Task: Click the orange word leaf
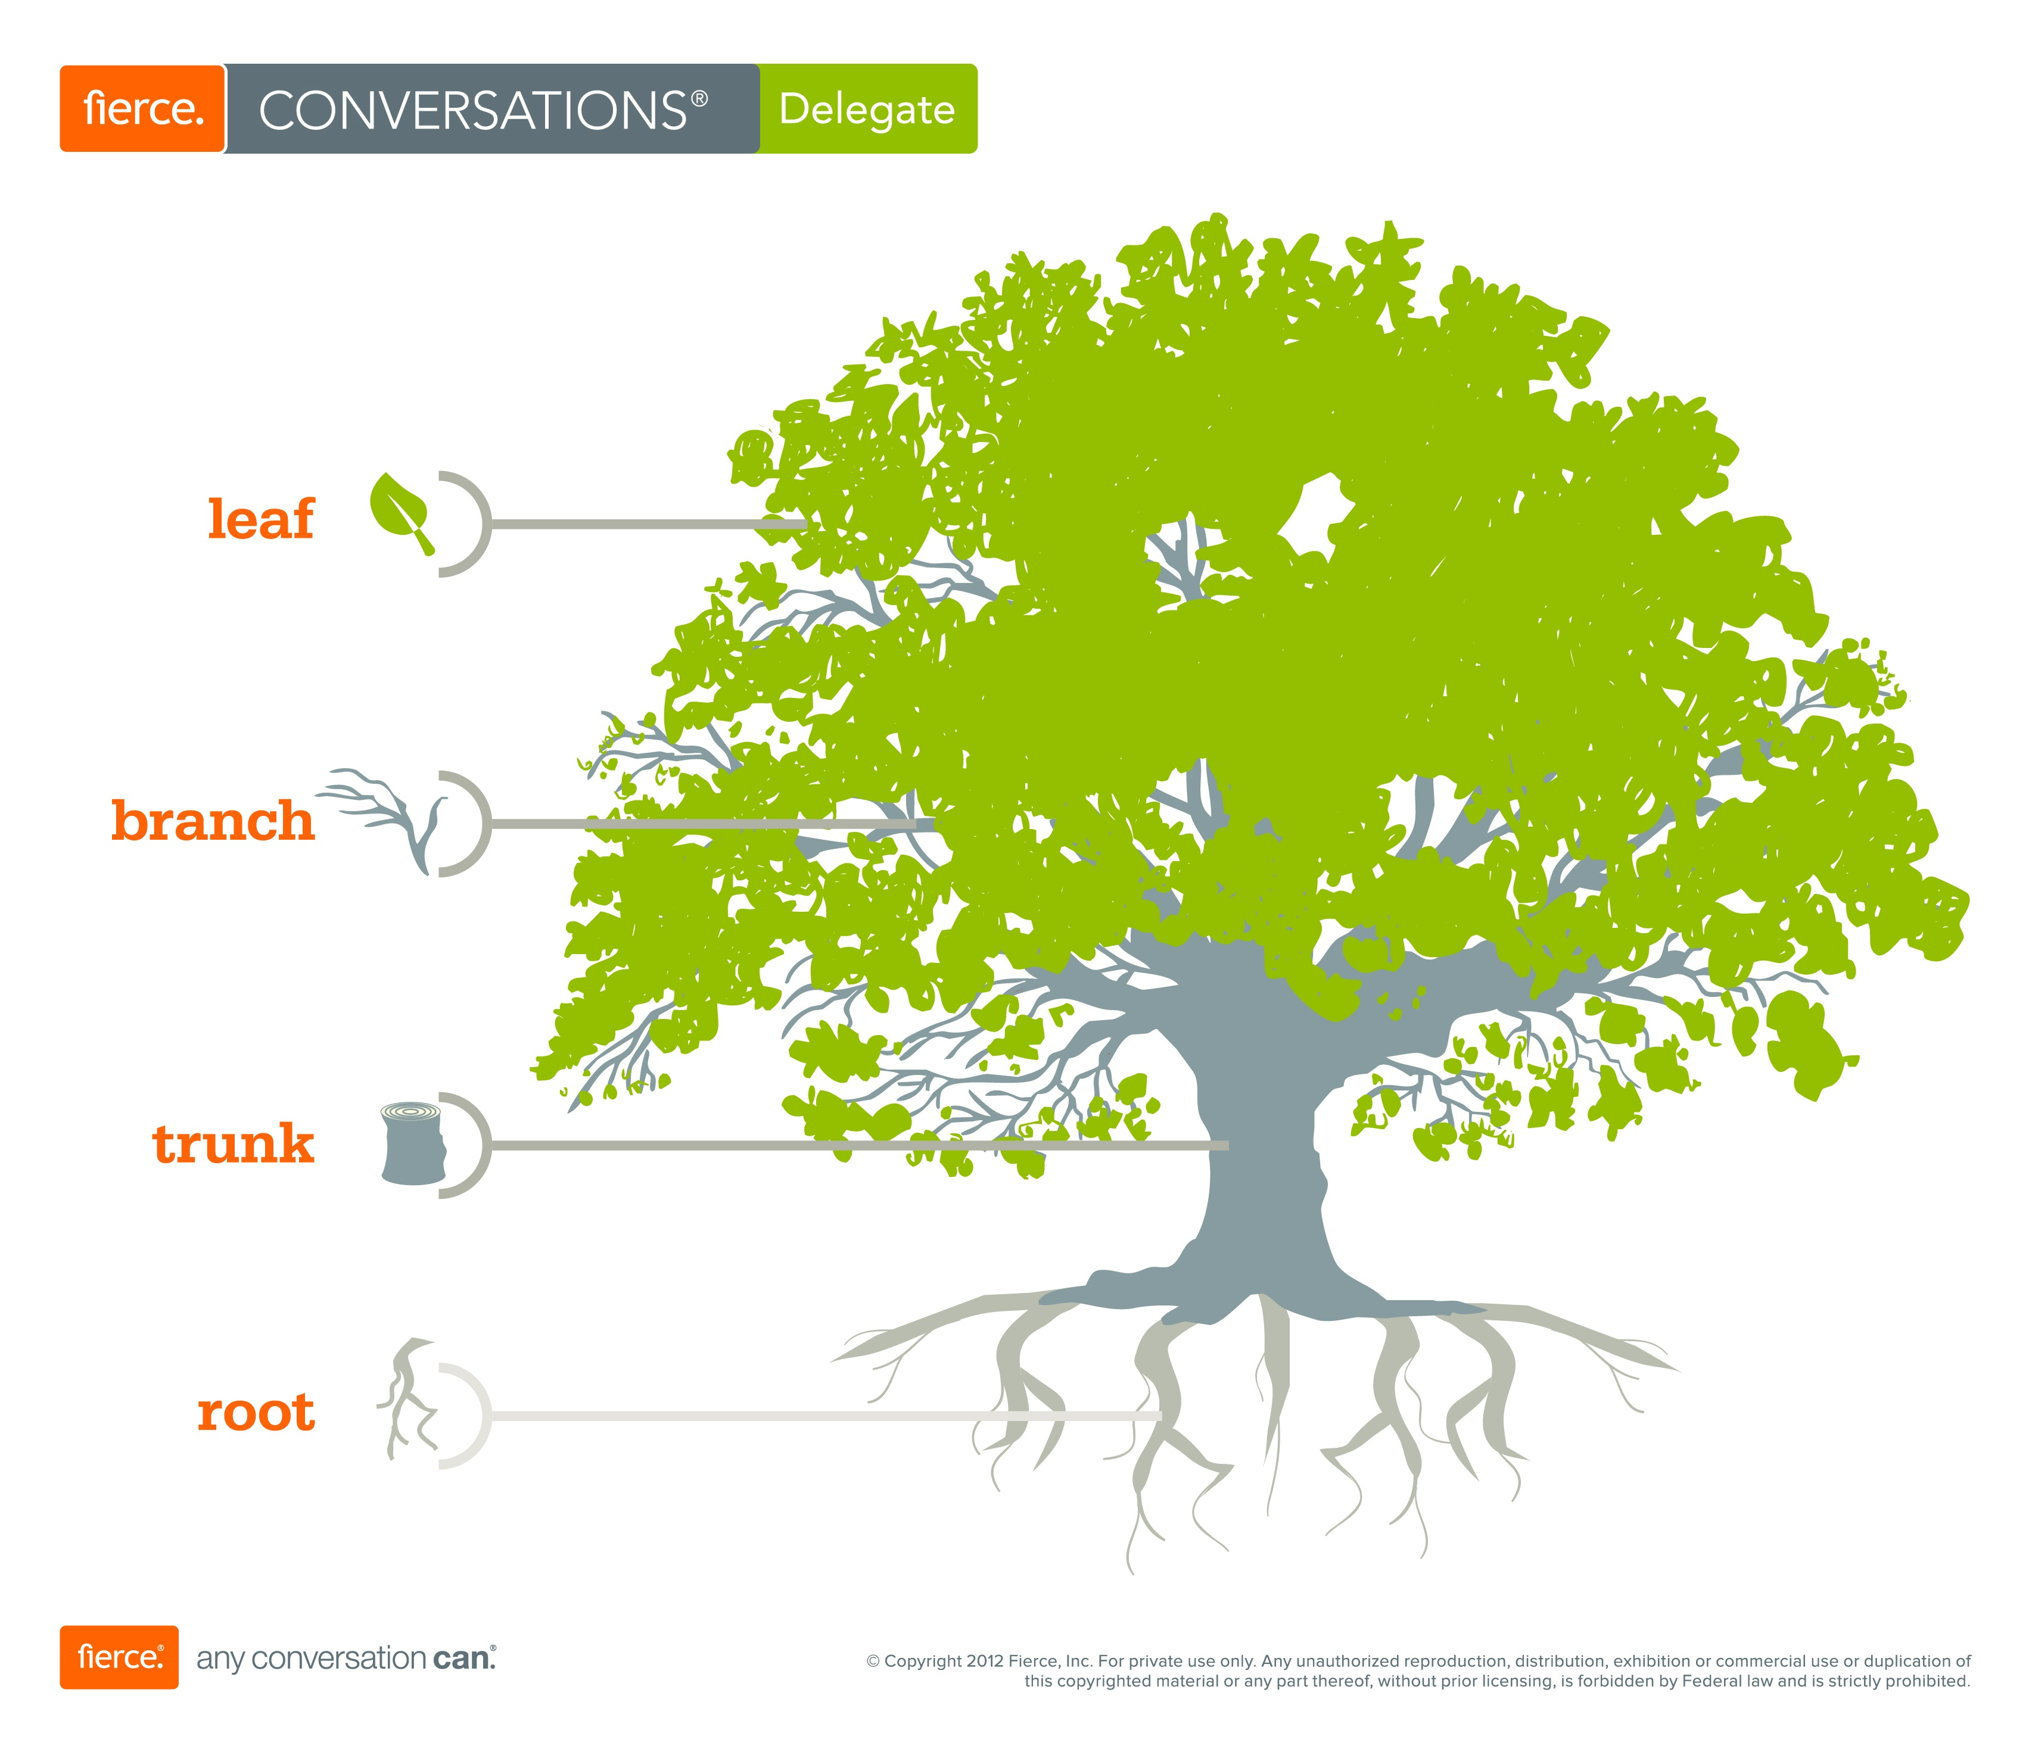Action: point(261,519)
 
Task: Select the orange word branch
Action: point(213,821)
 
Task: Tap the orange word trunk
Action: point(234,1144)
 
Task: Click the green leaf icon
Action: point(400,510)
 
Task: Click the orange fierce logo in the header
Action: point(143,109)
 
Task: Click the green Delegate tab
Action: point(867,110)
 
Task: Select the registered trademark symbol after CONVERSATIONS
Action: point(699,99)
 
